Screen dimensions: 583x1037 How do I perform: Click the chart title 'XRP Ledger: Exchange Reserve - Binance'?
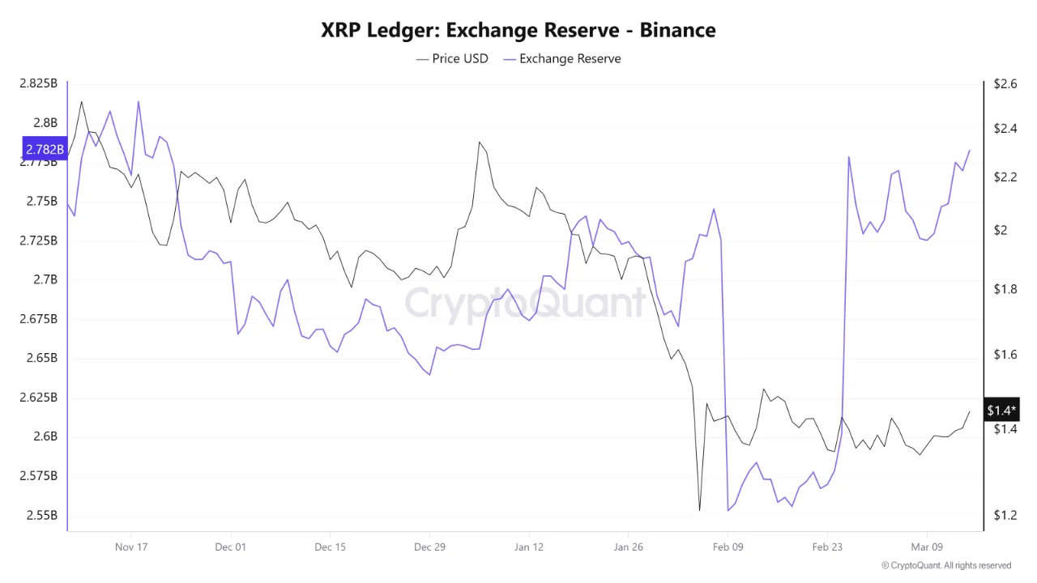(518, 30)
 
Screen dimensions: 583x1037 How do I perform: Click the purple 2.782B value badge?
(44, 149)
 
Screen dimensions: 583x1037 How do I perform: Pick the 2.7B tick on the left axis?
(45, 279)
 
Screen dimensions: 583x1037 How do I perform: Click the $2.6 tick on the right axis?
(1000, 83)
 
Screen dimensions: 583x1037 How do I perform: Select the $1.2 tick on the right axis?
(1000, 515)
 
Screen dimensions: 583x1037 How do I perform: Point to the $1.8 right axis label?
(1000, 289)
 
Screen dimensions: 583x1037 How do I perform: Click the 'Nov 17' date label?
(131, 547)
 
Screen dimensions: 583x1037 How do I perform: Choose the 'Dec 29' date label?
(429, 547)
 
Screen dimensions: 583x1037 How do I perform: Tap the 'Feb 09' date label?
(728, 547)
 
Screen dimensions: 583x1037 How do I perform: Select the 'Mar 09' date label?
(927, 547)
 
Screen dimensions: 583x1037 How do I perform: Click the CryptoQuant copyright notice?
(945, 565)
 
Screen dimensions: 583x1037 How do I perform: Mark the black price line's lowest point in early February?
(699, 511)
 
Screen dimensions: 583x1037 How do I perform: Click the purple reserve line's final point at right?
(970, 150)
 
